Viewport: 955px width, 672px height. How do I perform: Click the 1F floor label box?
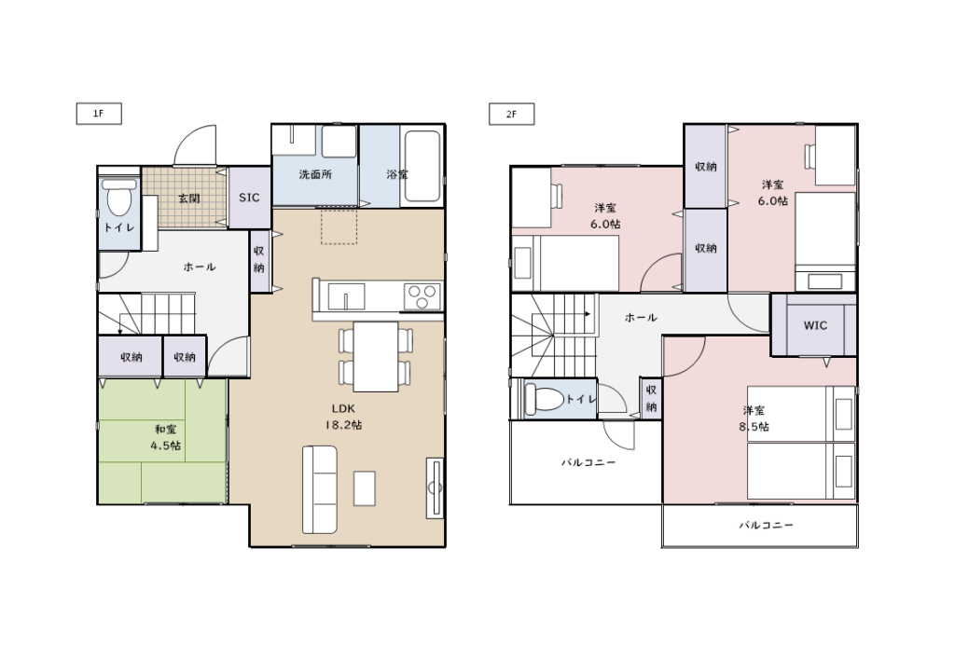click(99, 114)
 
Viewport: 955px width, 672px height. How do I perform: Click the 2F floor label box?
click(512, 114)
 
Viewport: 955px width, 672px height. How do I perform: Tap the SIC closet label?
click(249, 198)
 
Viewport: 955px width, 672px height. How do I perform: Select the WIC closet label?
click(815, 325)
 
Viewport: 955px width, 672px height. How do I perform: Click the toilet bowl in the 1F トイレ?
click(119, 198)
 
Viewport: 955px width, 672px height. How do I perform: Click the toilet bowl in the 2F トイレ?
click(544, 399)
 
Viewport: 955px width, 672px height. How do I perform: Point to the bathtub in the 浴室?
click(422, 166)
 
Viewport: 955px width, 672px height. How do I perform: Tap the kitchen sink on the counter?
click(346, 297)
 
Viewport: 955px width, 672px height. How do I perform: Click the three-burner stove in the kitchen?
click(422, 297)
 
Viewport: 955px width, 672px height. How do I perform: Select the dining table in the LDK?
click(376, 357)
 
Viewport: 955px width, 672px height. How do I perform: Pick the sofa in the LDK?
click(320, 490)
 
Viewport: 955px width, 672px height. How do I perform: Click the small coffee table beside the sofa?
click(365, 488)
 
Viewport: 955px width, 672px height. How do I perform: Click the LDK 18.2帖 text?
click(343, 417)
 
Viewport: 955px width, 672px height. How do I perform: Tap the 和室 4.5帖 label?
click(166, 438)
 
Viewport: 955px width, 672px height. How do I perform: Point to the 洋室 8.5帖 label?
click(754, 418)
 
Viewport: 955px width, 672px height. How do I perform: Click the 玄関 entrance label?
click(189, 199)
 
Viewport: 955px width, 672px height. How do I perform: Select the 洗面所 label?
click(315, 174)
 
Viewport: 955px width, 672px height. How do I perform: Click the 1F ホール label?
click(200, 267)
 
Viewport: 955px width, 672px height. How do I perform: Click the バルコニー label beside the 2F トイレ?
click(588, 462)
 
